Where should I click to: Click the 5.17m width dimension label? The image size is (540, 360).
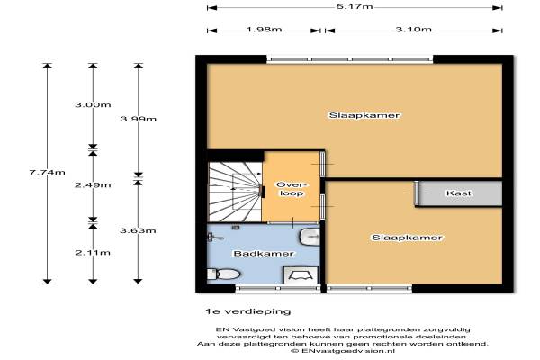(355, 6)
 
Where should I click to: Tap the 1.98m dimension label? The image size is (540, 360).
(264, 30)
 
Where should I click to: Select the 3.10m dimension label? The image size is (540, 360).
(413, 30)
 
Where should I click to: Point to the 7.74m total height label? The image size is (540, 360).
(47, 172)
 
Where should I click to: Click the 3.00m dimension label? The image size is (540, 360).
(93, 104)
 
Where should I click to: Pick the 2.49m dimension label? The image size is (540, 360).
(93, 185)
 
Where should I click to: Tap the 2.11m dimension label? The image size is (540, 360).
(93, 253)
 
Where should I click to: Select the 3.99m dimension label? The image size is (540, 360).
(139, 119)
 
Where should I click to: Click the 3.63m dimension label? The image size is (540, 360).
(138, 230)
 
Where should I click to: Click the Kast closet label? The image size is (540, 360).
(458, 193)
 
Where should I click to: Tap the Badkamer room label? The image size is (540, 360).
(264, 254)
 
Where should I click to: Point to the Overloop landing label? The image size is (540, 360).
(292, 189)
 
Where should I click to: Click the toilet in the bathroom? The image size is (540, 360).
(223, 274)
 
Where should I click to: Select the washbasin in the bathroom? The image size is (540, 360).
(310, 237)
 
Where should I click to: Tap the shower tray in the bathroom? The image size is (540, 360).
(301, 274)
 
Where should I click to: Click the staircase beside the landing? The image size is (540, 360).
(235, 192)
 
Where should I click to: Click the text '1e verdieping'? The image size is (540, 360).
(248, 311)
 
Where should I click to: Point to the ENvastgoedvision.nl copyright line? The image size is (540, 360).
(343, 351)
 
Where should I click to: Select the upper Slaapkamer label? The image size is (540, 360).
(364, 115)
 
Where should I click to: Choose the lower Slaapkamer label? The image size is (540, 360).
(407, 238)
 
